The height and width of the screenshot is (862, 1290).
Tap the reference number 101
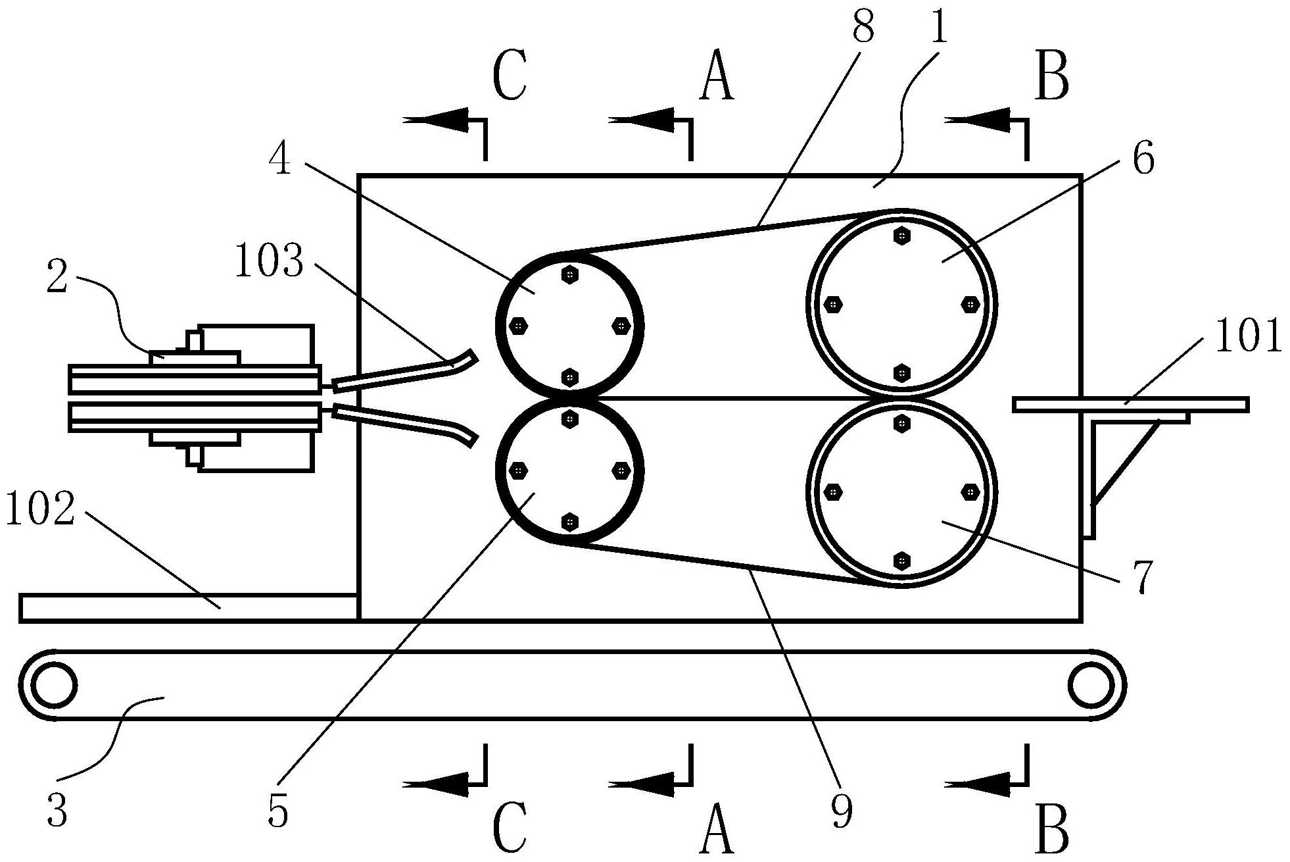click(1247, 337)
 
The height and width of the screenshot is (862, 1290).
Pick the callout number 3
click(57, 811)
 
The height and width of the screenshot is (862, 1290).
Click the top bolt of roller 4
click(570, 274)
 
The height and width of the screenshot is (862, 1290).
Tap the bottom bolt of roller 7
click(902, 561)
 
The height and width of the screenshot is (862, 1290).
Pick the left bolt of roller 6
click(834, 305)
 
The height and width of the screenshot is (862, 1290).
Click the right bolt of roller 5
click(621, 470)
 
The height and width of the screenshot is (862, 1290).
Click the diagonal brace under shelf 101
click(1126, 462)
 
